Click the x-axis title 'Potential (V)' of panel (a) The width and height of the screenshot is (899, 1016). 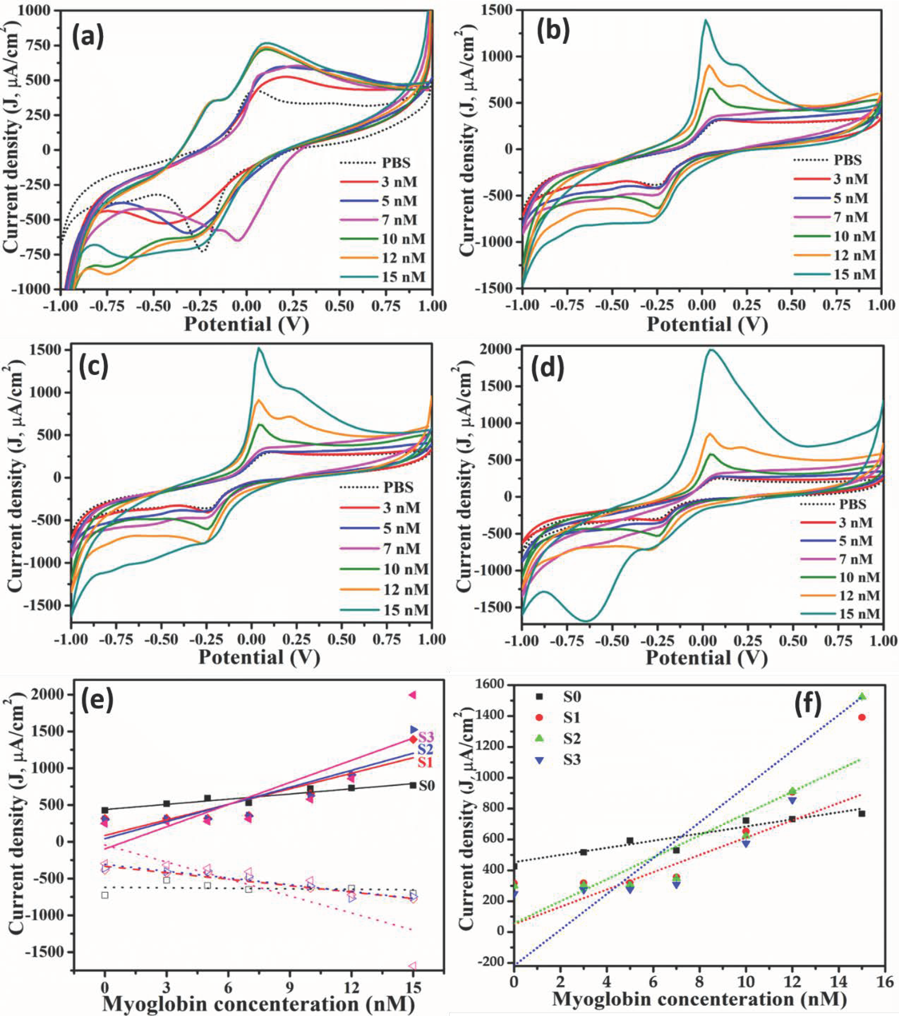[x=246, y=324]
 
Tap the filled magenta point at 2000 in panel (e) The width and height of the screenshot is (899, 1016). [x=412, y=695]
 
